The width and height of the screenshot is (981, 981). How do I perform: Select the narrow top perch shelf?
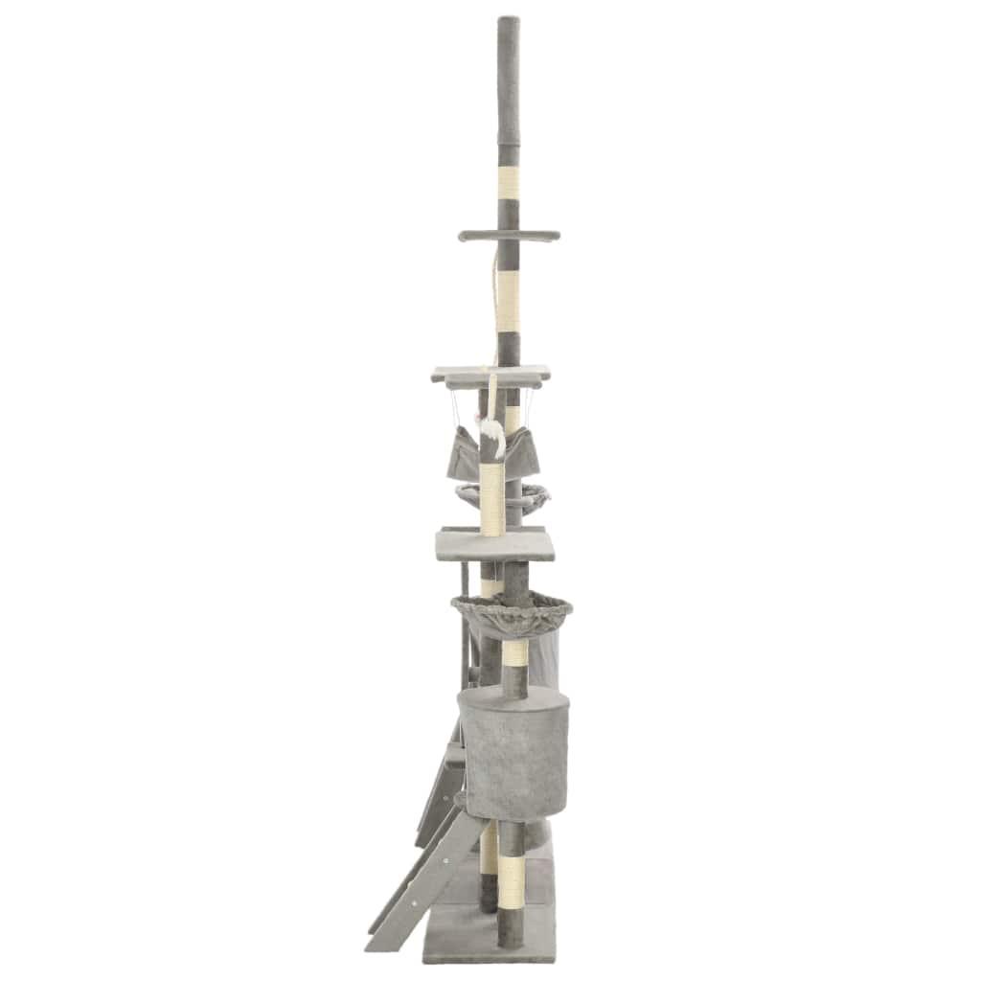pyautogui.click(x=507, y=236)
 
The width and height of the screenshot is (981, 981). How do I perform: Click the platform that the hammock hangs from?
pyautogui.click(x=490, y=373)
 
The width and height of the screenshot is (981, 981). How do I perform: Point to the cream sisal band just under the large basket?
pyautogui.click(x=514, y=656)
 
